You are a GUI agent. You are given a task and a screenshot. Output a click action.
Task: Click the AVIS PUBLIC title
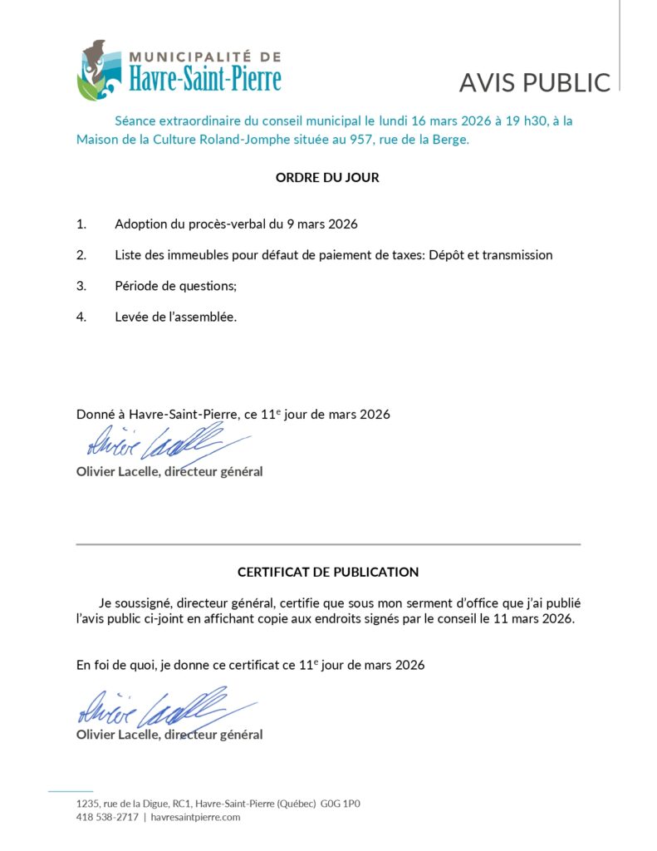535,82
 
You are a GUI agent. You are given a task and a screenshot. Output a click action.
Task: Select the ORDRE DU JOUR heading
327,178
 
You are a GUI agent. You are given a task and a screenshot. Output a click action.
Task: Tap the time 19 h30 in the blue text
521,121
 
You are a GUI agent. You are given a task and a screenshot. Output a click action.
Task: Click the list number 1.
81,224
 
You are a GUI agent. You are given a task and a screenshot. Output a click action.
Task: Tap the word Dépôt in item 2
448,255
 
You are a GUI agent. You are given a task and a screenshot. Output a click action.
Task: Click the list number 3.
81,286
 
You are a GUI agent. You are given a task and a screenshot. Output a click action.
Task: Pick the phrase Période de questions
175,286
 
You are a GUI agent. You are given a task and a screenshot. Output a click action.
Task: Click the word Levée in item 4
133,317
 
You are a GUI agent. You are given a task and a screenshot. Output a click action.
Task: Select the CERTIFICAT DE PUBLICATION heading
328,572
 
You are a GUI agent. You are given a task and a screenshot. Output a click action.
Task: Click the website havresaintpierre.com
195,817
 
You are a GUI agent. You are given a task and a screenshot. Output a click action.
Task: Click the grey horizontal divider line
328,544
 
